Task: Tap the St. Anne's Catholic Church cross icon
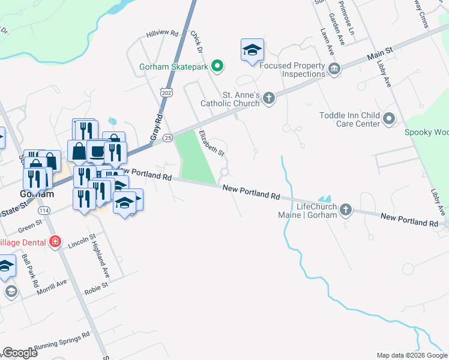(269, 98)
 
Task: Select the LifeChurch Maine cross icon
(345, 210)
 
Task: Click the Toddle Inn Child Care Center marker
(390, 119)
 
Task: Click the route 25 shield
(167, 138)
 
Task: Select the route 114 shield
(44, 211)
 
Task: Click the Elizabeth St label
(211, 143)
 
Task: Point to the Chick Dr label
(196, 41)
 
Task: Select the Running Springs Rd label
(62, 340)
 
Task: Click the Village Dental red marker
(55, 242)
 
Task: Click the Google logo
(20, 353)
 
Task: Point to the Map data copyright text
(411, 355)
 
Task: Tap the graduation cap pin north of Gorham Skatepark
(252, 50)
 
